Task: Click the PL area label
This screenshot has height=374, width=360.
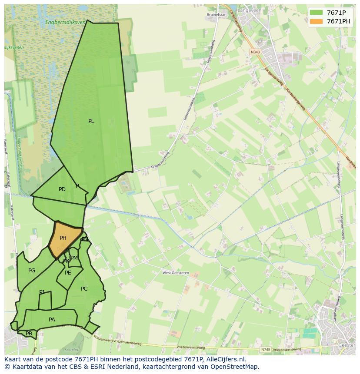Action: (x=91, y=121)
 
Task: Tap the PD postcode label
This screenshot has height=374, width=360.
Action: (x=62, y=189)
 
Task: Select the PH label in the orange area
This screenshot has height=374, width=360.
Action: (x=63, y=238)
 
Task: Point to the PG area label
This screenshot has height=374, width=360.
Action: (x=32, y=271)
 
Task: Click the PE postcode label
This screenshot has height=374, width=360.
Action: (x=68, y=273)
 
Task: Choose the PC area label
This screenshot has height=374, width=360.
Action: (x=84, y=289)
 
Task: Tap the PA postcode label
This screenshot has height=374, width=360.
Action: (x=52, y=320)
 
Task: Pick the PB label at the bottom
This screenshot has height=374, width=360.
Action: (x=29, y=334)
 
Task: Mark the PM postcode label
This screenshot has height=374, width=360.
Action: (x=74, y=258)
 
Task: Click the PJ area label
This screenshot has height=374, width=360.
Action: (x=42, y=292)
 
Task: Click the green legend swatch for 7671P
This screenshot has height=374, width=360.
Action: (x=316, y=13)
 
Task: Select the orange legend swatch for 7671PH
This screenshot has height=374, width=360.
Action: (x=316, y=21)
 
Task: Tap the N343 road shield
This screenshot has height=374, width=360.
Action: (x=255, y=52)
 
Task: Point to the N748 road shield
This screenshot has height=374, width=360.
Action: (x=265, y=350)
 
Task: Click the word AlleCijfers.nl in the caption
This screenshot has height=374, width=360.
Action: (x=226, y=359)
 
